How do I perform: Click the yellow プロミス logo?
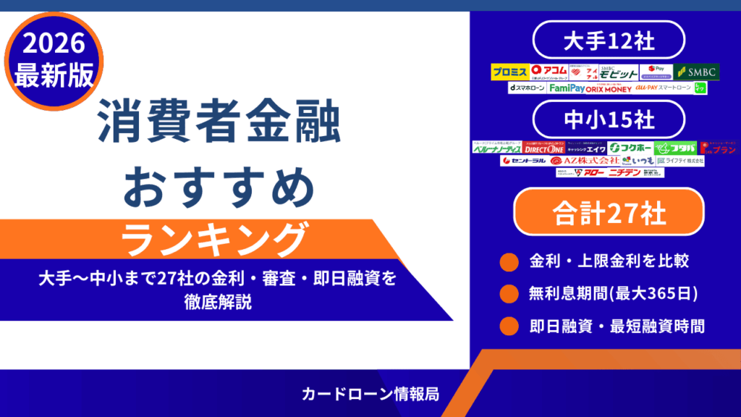click(x=509, y=72)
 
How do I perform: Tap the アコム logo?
click(x=547, y=72)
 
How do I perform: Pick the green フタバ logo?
click(x=675, y=148)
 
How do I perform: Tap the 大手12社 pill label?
click(x=608, y=41)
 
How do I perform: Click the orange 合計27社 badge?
click(x=608, y=213)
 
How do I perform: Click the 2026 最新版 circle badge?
click(x=50, y=61)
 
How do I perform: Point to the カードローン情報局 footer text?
click(x=370, y=394)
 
